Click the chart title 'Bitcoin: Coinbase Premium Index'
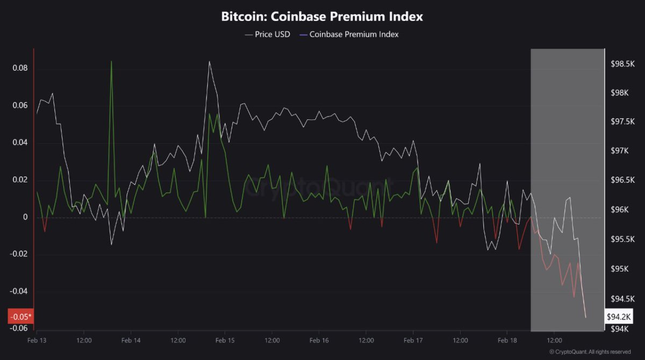pyautogui.click(x=322, y=17)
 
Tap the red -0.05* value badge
pyautogui.click(x=20, y=316)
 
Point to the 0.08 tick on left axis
pyautogui.click(x=19, y=69)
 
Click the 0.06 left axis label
pyautogui.click(x=19, y=106)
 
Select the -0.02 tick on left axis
pyautogui.click(x=18, y=254)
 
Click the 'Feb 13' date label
pyautogui.click(x=37, y=341)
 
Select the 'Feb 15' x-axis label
pyautogui.click(x=225, y=341)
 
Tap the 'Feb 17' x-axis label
pyautogui.click(x=413, y=341)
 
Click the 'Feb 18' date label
pyautogui.click(x=507, y=341)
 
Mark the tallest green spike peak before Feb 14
pyautogui.click(x=111, y=62)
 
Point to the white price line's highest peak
pyautogui.click(x=209, y=61)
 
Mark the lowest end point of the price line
pyautogui.click(x=585, y=317)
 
